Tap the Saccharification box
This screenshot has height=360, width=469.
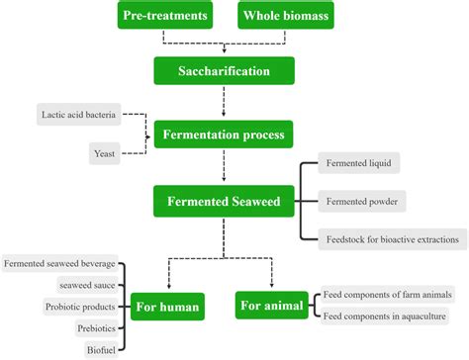coord(225,70)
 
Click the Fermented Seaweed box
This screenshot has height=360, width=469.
coord(225,202)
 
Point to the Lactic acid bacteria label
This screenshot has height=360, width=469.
coord(82,115)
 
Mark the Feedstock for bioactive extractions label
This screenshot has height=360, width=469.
coord(393,238)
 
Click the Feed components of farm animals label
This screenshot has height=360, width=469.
coord(387,295)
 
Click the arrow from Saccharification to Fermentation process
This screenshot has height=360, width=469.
coord(225,101)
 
